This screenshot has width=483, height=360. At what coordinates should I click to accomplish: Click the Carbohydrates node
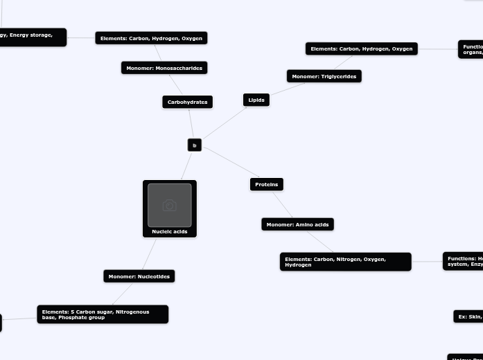point(187,102)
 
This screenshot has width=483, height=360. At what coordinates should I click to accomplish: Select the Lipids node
point(256,100)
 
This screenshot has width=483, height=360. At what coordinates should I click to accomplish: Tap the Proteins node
point(266,184)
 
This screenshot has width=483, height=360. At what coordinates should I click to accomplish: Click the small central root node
point(195,145)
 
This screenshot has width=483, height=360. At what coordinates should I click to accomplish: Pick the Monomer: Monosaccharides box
point(164,68)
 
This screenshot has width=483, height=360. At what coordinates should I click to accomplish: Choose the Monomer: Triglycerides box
point(324,76)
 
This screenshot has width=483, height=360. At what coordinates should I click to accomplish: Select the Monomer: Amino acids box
point(297,224)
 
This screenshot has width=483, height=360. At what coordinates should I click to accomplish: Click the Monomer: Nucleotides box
point(139,276)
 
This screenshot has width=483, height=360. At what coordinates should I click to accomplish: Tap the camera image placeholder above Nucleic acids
point(170,205)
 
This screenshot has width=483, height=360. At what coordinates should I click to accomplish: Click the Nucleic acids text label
point(170,232)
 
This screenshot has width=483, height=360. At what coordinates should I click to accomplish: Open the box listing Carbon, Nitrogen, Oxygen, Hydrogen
point(345,262)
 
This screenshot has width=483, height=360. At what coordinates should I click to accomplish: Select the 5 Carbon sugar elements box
point(103,314)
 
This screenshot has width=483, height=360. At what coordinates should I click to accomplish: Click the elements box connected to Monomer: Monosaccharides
point(151,38)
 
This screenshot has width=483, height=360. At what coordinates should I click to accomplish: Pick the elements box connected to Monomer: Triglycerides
point(361,48)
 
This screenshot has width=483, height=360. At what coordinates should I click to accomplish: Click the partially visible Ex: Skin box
point(468,316)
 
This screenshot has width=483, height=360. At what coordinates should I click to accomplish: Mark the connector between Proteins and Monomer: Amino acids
point(283,204)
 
